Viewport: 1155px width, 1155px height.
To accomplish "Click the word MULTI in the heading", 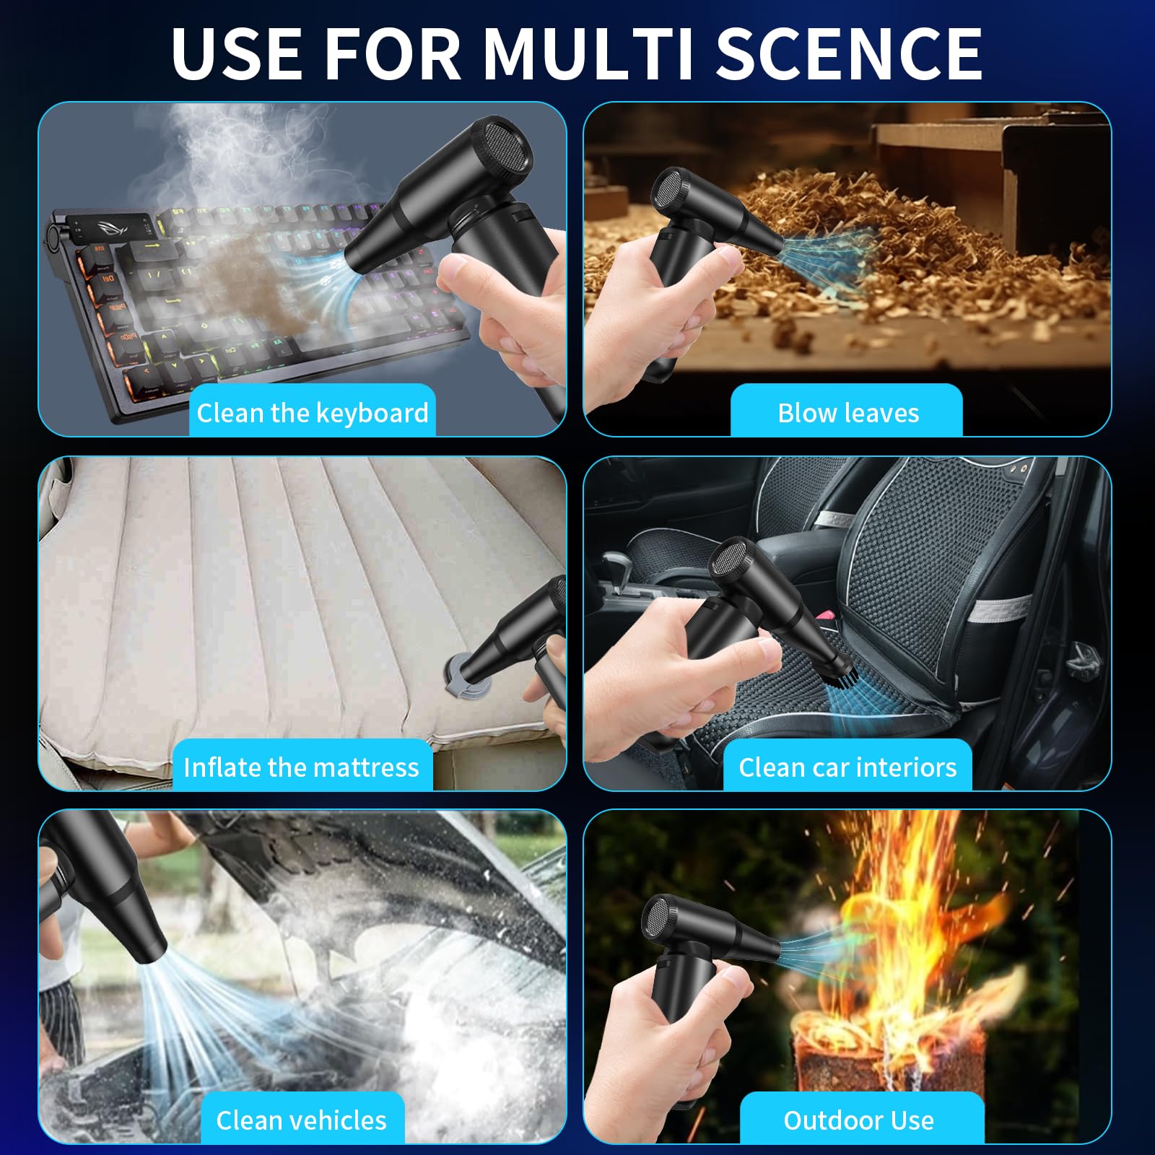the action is [x=588, y=53].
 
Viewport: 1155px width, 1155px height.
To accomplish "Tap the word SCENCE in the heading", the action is [x=849, y=53].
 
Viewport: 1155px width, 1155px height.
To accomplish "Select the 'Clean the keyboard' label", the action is [x=313, y=413].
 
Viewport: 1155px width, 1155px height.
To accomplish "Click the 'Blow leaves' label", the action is [x=848, y=413].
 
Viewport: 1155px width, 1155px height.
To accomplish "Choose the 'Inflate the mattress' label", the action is [x=301, y=767].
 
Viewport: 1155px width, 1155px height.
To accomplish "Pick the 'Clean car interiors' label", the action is [x=847, y=767].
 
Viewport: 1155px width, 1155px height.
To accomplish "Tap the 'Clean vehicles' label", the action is [x=301, y=1120].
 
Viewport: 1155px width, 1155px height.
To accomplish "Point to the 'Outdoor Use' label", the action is [x=858, y=1120].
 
